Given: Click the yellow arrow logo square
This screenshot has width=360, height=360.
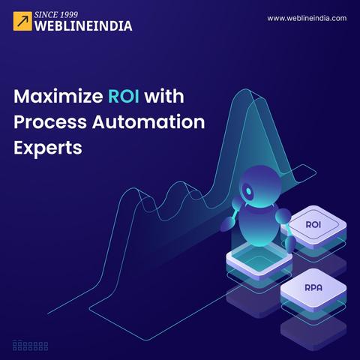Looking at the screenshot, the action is click(x=22, y=21).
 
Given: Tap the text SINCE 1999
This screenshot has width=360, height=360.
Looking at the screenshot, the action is click(x=56, y=15).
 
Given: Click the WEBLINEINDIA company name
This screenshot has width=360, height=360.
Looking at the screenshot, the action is click(x=83, y=26).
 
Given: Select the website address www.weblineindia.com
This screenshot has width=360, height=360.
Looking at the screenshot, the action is click(x=307, y=18).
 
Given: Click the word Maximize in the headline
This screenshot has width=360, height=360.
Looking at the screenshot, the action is click(x=58, y=96).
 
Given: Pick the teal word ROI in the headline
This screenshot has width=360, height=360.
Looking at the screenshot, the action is click(x=124, y=96).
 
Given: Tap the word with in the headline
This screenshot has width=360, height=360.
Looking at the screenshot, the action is click(x=164, y=96).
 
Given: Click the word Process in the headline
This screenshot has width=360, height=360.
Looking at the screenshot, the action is click(x=50, y=122).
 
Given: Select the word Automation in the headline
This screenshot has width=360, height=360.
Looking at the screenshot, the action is click(x=148, y=121).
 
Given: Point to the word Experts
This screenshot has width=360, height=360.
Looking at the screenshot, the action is click(x=48, y=148).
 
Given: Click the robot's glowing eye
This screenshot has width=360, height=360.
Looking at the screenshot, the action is click(x=248, y=191).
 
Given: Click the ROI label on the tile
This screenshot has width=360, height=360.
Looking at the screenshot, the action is click(x=313, y=224).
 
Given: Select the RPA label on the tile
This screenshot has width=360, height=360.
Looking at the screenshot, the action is click(x=313, y=287).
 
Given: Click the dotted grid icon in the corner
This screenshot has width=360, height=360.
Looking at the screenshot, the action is click(x=30, y=346).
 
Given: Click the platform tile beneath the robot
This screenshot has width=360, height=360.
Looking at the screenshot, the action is click(x=259, y=261).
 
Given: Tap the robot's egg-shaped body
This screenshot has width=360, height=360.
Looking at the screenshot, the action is click(x=259, y=225).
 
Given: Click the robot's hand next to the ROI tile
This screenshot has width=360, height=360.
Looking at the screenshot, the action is click(x=290, y=244).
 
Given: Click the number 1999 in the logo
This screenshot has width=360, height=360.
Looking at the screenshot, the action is click(x=69, y=15).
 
